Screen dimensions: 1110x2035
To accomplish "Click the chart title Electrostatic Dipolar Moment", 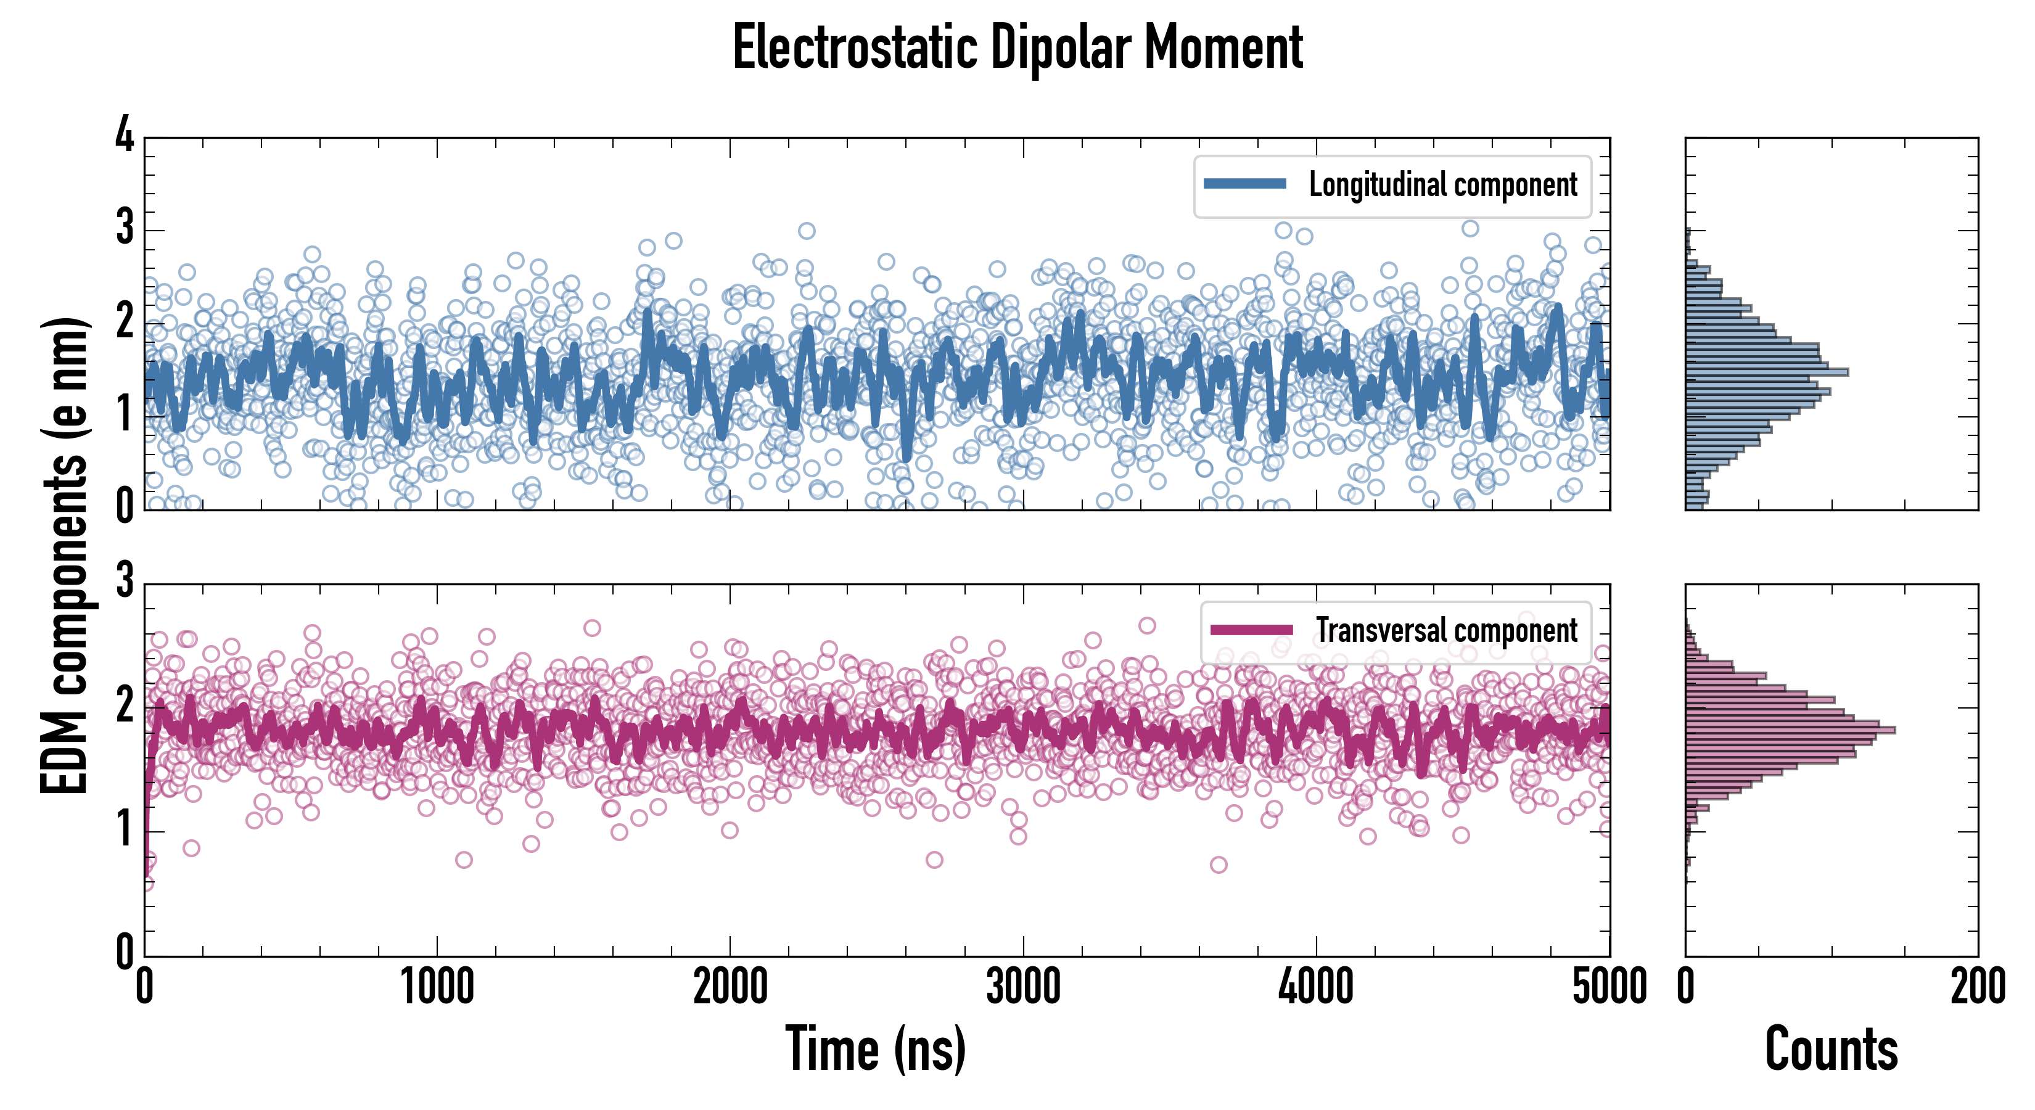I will [1017, 47].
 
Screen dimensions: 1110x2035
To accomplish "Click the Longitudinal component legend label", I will [1442, 185].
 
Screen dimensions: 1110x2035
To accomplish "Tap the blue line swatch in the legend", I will [1245, 184].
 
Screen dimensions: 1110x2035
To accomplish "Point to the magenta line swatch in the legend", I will [1251, 630].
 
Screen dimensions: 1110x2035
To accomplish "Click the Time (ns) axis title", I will [875, 1048].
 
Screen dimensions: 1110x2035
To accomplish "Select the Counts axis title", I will [1831, 1048].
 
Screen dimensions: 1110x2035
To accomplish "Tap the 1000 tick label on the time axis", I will [437, 987].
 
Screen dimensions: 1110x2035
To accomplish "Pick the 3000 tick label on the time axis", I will [1023, 987].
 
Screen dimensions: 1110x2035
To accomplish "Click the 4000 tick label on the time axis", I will [1316, 987].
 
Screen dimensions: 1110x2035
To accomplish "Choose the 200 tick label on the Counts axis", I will [1977, 987].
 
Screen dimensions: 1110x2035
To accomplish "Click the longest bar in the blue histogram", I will [1766, 372].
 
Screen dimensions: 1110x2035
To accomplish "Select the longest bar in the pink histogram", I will [1790, 729].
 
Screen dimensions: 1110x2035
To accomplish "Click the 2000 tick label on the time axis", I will [730, 987].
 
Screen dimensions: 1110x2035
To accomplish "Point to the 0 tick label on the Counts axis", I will [1686, 987].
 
